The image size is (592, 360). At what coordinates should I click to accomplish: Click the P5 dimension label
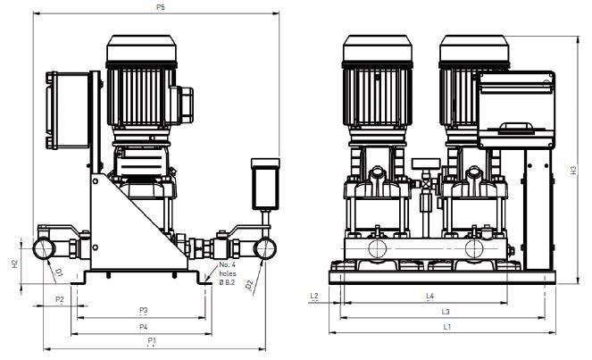pyautogui.click(x=161, y=7)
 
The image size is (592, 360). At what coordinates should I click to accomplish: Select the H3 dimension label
pyautogui.click(x=574, y=171)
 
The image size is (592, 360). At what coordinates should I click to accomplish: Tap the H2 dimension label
pyautogui.click(x=14, y=264)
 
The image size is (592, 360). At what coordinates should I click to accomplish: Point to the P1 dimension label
pyautogui.click(x=152, y=340)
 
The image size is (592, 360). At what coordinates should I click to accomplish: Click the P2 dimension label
pyautogui.click(x=60, y=299)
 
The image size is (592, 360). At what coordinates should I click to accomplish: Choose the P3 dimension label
pyautogui.click(x=143, y=311)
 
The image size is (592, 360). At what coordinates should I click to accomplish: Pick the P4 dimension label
pyautogui.click(x=143, y=327)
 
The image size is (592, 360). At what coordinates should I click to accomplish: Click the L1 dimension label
pyautogui.click(x=447, y=327)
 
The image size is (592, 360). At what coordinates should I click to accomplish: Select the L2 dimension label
pyautogui.click(x=314, y=297)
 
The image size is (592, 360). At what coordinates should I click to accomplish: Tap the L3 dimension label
pyautogui.click(x=446, y=312)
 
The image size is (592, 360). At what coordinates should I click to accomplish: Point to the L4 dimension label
pyautogui.click(x=429, y=297)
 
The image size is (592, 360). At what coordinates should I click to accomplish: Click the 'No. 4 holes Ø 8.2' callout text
pyautogui.click(x=228, y=273)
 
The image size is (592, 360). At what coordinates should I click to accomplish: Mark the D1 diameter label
pyautogui.click(x=59, y=272)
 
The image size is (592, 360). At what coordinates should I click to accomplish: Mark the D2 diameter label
pyautogui.click(x=249, y=286)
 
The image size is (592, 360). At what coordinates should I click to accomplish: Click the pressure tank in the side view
pyautogui.click(x=265, y=184)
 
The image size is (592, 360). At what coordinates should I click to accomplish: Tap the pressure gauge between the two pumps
pyautogui.click(x=426, y=163)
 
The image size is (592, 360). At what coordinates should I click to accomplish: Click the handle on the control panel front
pyautogui.click(x=516, y=128)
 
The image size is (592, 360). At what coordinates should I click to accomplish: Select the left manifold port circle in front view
pyautogui.click(x=377, y=249)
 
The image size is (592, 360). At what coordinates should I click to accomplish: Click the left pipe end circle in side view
pyautogui.click(x=44, y=248)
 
